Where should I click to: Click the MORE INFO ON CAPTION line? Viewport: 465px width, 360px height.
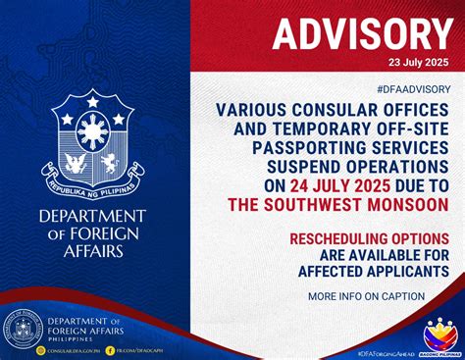tap(366, 296)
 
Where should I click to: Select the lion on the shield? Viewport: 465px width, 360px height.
tap(116, 160)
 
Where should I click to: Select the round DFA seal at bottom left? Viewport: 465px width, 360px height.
tap(22, 330)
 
